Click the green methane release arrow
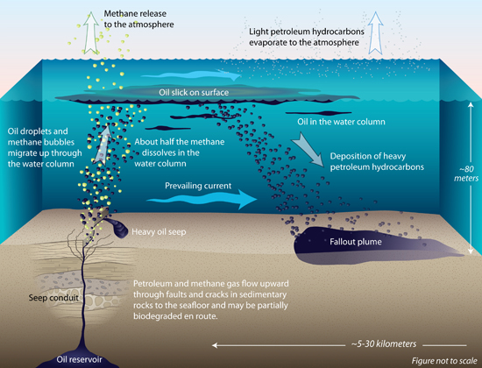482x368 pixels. (x=90, y=33)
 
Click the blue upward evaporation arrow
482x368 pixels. (x=375, y=33)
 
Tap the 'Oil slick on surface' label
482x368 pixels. (x=194, y=93)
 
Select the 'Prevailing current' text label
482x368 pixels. (x=198, y=186)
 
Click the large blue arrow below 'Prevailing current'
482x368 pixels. (x=202, y=199)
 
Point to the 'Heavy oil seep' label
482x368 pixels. (x=159, y=231)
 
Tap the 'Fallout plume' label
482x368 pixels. (x=356, y=242)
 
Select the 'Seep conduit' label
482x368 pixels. (x=53, y=298)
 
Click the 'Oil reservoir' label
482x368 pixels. (x=79, y=359)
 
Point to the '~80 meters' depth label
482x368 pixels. (x=466, y=173)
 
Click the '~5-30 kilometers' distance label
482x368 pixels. (x=384, y=343)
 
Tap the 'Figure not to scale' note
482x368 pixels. (x=444, y=360)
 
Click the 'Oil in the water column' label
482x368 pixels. (x=341, y=122)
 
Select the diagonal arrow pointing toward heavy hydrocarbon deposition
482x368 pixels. (x=308, y=150)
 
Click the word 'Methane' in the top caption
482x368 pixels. (x=118, y=13)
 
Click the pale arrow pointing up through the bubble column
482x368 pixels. (x=102, y=145)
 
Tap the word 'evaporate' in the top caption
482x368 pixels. (x=268, y=42)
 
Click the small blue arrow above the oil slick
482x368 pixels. (x=191, y=74)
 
